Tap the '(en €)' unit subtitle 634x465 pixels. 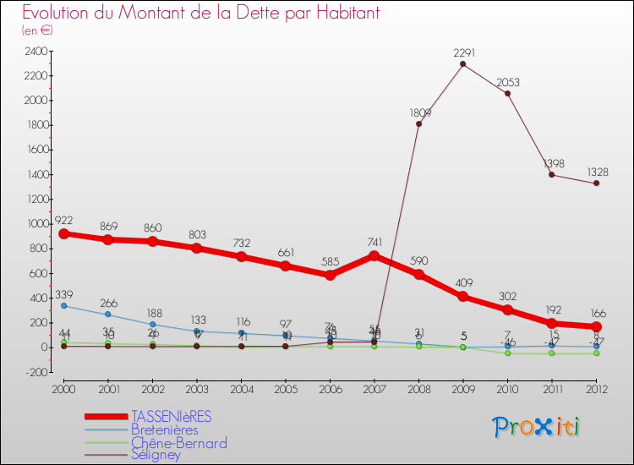37,30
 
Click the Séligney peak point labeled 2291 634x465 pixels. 462,64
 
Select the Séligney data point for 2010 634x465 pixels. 507,93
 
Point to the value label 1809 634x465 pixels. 420,112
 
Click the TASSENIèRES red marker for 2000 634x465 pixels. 64,233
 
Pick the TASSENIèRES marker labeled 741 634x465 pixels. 374,255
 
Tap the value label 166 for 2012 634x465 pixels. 597,313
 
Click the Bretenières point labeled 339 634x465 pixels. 64,305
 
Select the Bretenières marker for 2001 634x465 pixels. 108,315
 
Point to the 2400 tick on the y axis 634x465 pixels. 35,51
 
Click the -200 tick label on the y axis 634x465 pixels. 35,372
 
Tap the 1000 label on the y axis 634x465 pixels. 35,224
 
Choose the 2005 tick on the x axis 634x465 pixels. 285,388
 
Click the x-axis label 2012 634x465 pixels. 596,388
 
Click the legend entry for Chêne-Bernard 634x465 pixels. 178,442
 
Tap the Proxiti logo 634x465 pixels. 537,427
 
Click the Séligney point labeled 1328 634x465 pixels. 596,183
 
